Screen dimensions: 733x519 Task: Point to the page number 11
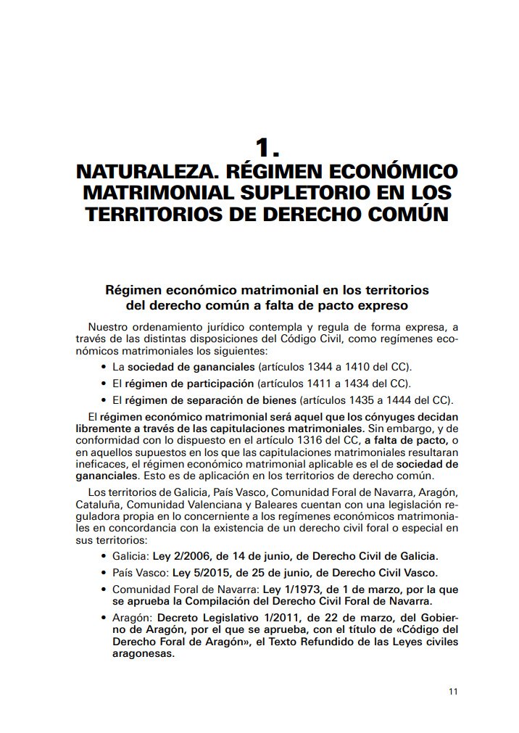pyautogui.click(x=454, y=691)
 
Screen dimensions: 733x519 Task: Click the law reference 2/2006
pyautogui.click(x=189, y=556)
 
